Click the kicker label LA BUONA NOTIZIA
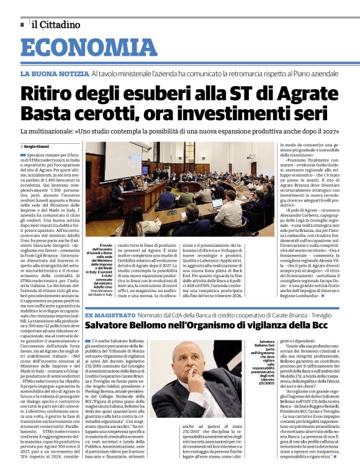(53, 74)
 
